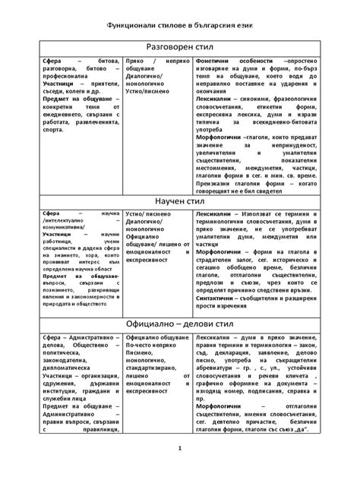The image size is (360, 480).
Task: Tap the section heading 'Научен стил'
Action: click(x=180, y=201)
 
